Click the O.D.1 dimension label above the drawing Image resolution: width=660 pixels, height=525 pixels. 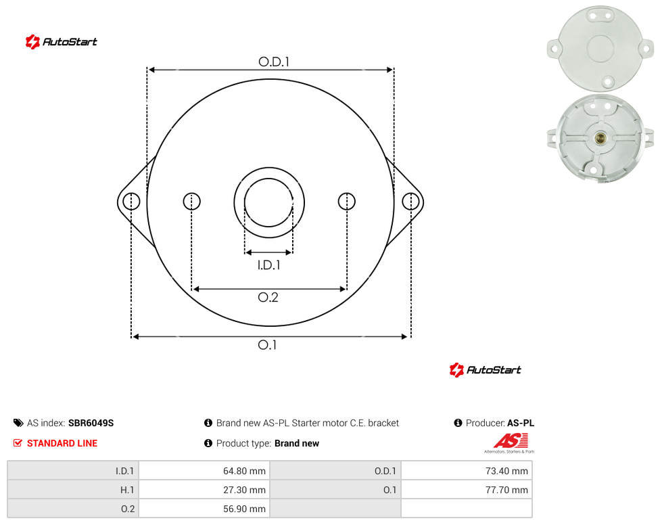coord(274,62)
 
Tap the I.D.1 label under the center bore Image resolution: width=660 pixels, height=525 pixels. coord(269,265)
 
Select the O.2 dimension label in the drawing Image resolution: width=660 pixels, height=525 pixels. coord(268,297)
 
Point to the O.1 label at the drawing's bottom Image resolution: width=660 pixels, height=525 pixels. coord(267,345)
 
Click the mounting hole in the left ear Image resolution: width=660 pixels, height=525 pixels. coord(131,201)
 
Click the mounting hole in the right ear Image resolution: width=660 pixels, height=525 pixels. coord(410,201)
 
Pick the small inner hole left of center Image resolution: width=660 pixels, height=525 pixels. coord(191,201)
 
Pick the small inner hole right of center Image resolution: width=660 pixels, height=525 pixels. coord(346,201)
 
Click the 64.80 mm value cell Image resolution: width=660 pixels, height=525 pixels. coord(205,471)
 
